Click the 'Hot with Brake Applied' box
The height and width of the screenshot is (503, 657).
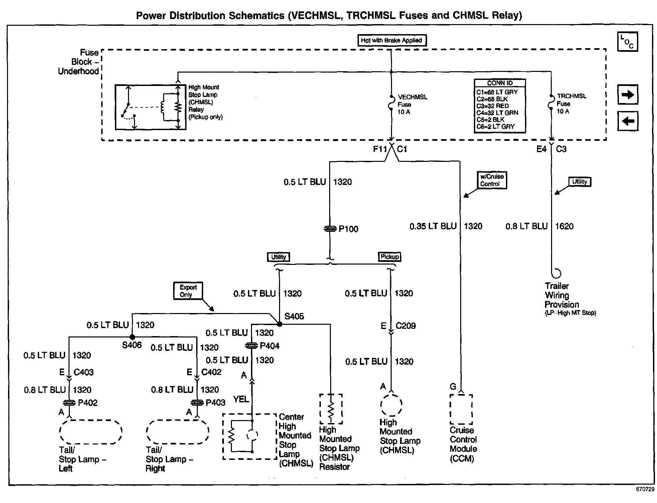pos(392,40)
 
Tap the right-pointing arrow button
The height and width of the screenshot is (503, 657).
pos(628,95)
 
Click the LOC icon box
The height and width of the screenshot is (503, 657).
pos(627,42)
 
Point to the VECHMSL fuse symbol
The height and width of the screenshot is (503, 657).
pos(391,102)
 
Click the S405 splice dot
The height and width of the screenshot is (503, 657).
pos(279,324)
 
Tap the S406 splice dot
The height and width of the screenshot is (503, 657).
pos(132,337)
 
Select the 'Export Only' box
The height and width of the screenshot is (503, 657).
pos(188,291)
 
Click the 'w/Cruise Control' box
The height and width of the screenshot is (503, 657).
pos(492,180)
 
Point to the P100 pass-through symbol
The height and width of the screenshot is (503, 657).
pos(330,229)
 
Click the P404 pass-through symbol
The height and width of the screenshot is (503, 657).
pos(251,345)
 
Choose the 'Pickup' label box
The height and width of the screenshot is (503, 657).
pos(389,257)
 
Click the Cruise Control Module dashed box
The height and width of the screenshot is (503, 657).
pos(461,409)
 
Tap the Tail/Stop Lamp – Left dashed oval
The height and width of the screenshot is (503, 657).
pos(90,432)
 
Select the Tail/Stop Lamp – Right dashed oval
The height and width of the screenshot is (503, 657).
pos(177,432)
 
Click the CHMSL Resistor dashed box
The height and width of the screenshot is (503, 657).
pos(331,409)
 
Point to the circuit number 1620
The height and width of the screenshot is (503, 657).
pos(564,226)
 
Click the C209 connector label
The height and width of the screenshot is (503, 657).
pos(405,326)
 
